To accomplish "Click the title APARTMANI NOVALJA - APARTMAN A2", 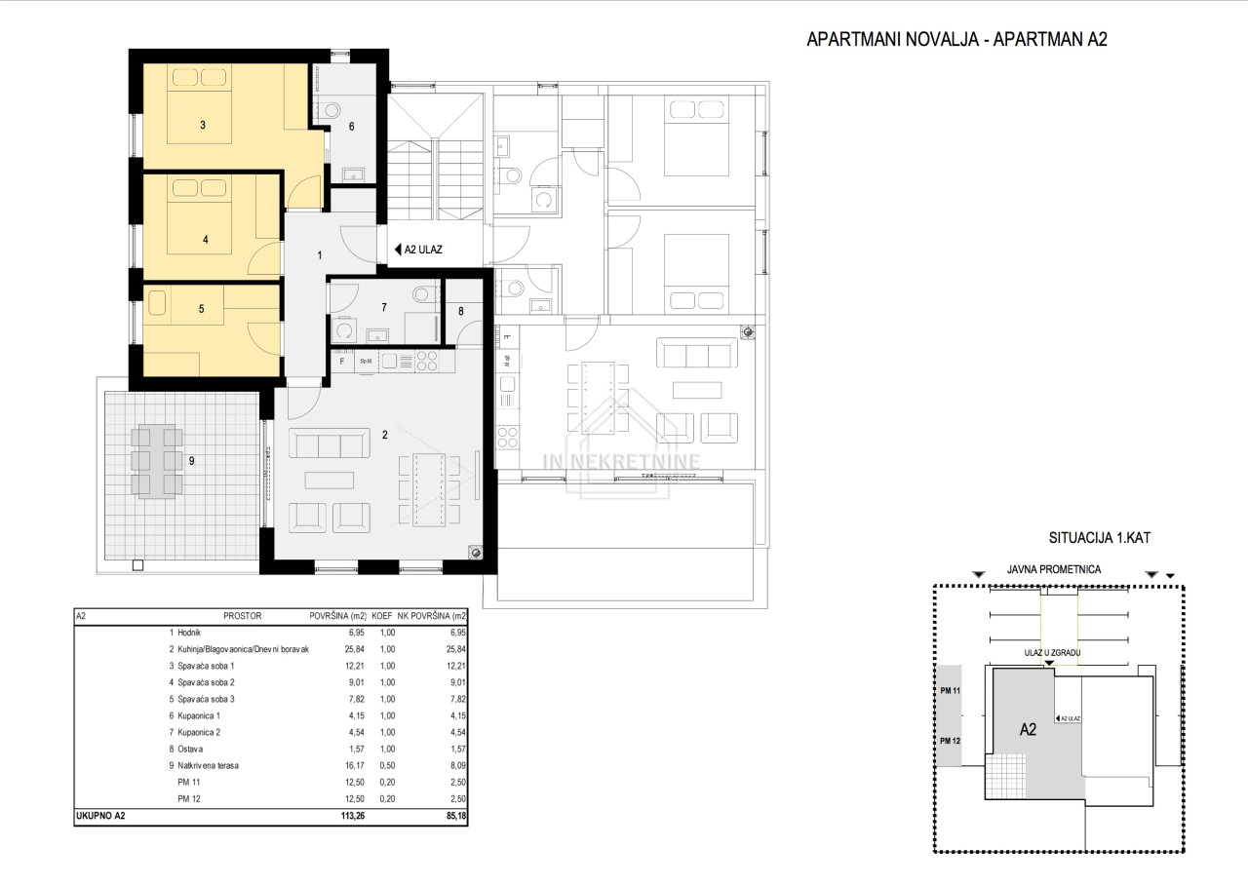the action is click(956, 40).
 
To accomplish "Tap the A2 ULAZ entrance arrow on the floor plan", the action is click(398, 250).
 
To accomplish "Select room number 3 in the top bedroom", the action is click(203, 126).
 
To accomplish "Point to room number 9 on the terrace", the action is click(192, 461).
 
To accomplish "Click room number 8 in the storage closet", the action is click(461, 311).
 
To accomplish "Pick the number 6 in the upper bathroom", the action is click(352, 127).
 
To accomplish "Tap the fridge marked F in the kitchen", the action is click(342, 362).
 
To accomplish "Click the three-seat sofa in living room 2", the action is click(329, 443).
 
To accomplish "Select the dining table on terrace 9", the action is click(157, 462).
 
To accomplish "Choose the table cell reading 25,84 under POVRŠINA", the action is click(354, 649).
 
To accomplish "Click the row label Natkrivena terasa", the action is click(208, 766).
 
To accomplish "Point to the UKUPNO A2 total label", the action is click(100, 816).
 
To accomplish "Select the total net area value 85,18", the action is click(456, 816).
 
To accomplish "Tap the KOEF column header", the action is click(381, 616).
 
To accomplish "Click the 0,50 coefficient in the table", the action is click(387, 766).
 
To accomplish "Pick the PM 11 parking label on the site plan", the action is click(950, 691).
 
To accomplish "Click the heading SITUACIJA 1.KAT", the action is click(1099, 538).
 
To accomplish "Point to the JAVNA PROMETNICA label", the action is click(1054, 569).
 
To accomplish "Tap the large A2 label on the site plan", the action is click(1028, 729).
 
